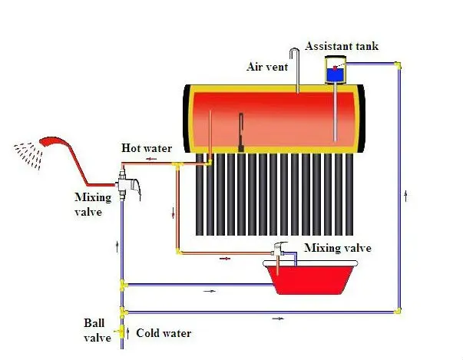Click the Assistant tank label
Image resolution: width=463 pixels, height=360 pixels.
coord(342,46)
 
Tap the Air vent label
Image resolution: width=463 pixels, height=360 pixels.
coord(267,67)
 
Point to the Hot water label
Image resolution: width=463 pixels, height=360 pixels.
coord(147,148)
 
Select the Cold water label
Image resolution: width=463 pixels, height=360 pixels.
coord(164,333)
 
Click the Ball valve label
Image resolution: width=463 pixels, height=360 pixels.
coord(98,331)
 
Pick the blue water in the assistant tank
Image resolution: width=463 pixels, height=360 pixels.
coord(336,75)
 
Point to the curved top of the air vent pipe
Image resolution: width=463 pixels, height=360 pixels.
coord(294,51)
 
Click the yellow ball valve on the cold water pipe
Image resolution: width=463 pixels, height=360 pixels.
coord(121,332)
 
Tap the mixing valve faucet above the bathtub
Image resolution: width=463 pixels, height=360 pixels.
coord(279,249)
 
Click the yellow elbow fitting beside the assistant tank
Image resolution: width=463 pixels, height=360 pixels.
coord(398,65)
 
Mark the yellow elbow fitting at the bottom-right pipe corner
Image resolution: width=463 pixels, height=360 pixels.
coord(398,311)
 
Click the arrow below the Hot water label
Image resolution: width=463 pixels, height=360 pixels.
coord(151,159)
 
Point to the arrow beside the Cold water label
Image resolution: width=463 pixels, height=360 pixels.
coord(128,332)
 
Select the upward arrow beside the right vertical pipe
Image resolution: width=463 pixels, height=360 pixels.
coord(405,196)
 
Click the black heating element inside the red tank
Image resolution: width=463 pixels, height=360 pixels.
coord(241,133)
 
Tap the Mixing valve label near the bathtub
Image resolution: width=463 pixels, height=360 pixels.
coord(338,248)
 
